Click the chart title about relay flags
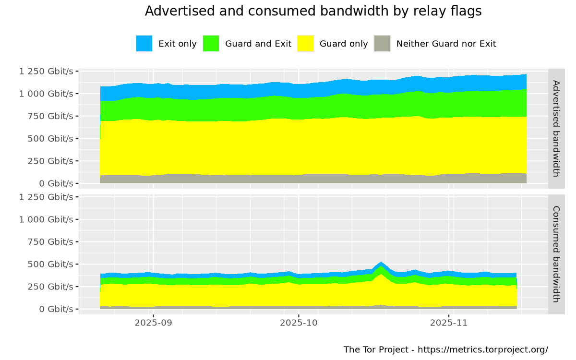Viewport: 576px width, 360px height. point(313,12)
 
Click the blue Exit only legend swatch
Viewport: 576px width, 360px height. point(144,44)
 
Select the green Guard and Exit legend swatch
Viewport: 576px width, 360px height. point(211,44)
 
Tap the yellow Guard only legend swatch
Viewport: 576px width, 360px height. point(306,44)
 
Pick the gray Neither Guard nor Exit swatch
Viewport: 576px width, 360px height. point(382,44)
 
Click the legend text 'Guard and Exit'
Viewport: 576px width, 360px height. point(258,44)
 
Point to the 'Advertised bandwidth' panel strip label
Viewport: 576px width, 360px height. point(556,128)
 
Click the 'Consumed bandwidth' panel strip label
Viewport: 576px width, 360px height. point(556,254)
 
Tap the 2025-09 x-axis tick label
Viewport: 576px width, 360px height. point(153,323)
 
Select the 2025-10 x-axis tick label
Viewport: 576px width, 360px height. point(299,323)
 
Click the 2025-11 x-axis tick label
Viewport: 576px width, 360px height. point(448,323)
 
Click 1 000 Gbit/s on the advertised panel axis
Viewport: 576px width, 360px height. point(46,94)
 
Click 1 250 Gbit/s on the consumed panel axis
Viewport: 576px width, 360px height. point(46,197)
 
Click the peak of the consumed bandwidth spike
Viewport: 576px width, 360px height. point(381,263)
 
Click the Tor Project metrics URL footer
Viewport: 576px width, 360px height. point(445,349)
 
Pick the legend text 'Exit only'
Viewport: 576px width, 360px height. point(178,44)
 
